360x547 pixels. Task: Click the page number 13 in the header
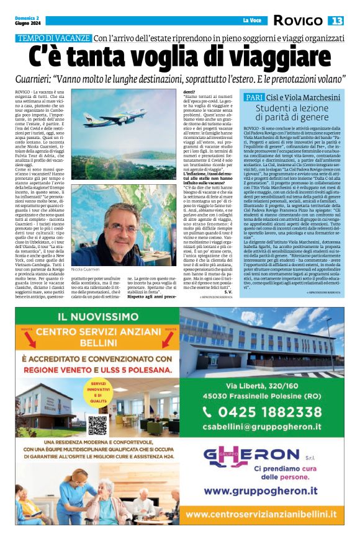(336, 20)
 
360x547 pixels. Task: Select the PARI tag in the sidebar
(254, 98)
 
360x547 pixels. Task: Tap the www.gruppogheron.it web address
(258, 491)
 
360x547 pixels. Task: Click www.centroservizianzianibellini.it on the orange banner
(261, 514)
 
